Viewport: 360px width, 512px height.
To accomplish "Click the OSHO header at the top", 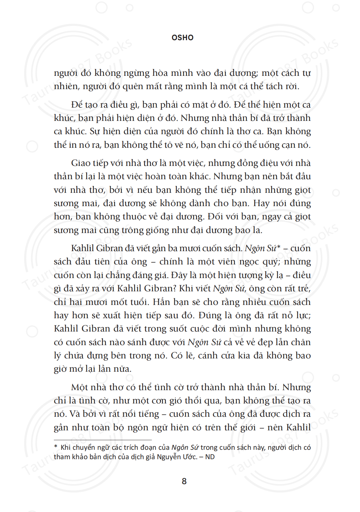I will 182,38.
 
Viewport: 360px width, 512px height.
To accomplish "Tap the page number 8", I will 184,481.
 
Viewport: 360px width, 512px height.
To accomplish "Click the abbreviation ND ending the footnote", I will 210,457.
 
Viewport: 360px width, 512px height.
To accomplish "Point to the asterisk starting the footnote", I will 56,447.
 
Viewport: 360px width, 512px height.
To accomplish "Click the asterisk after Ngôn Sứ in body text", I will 278,247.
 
